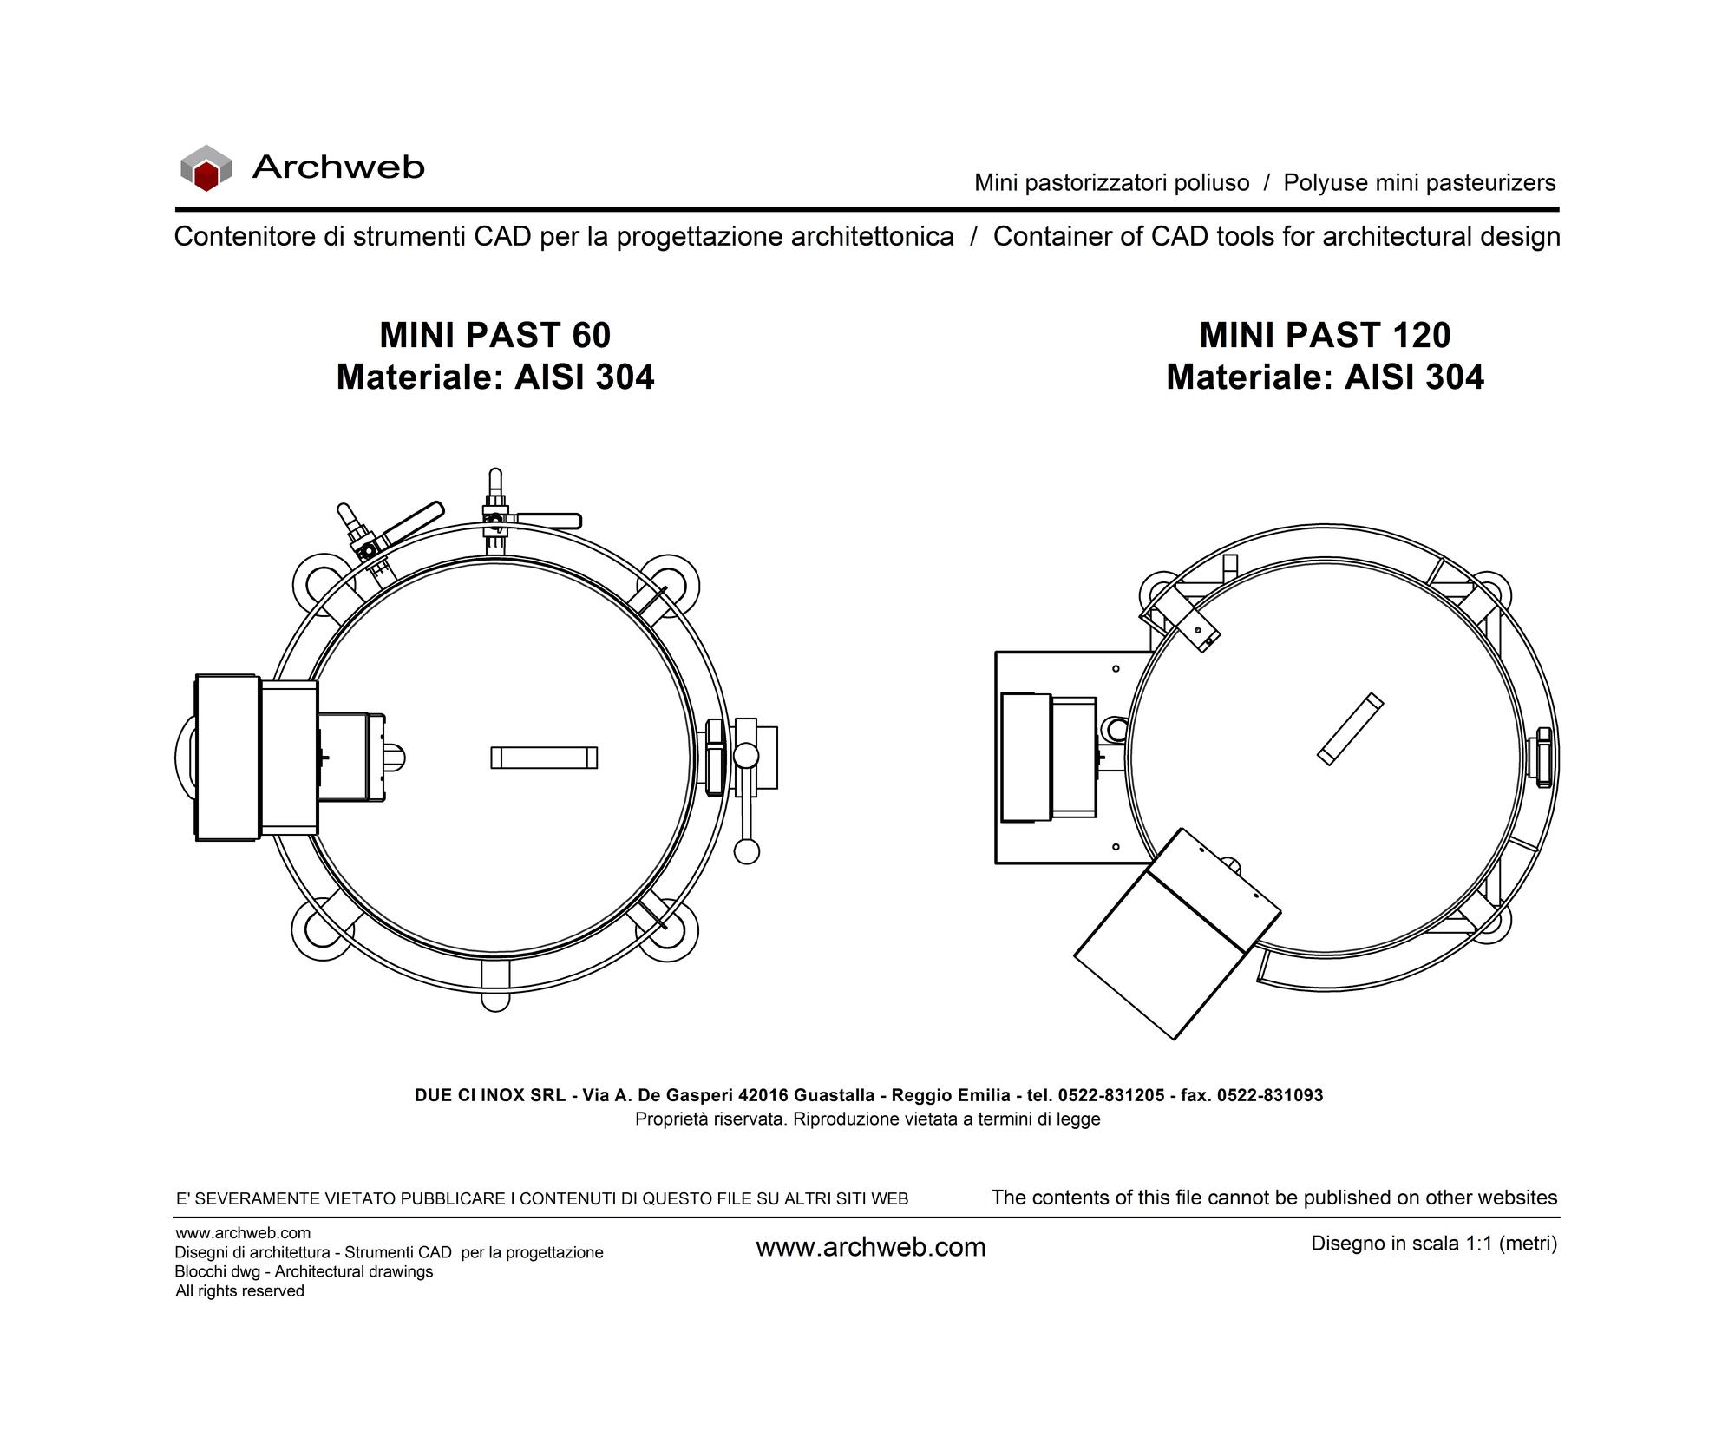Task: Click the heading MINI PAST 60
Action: click(495, 335)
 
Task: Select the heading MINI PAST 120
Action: click(1325, 335)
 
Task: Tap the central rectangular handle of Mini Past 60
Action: click(544, 758)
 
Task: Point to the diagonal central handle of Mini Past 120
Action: click(1350, 729)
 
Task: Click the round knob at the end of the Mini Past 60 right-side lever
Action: click(746, 851)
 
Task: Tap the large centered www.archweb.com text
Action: click(871, 1247)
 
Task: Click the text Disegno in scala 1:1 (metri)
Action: click(1434, 1244)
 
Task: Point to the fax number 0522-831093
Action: click(1270, 1095)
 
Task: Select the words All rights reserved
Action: click(239, 1291)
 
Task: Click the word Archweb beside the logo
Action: click(338, 167)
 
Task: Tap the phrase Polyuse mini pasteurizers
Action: click(1419, 183)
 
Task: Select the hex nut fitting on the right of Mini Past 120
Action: click(1543, 758)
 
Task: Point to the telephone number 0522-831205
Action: click(1111, 1095)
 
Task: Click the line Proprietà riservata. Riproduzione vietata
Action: click(867, 1119)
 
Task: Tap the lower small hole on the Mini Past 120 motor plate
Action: click(1116, 847)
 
